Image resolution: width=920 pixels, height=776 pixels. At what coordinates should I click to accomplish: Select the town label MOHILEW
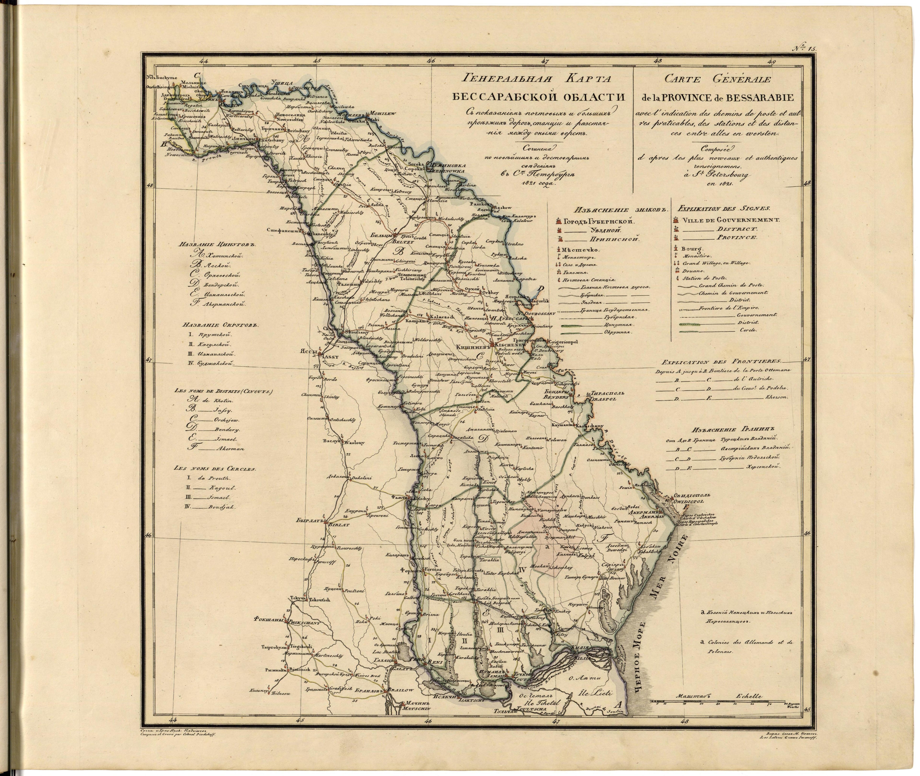coord(383,113)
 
